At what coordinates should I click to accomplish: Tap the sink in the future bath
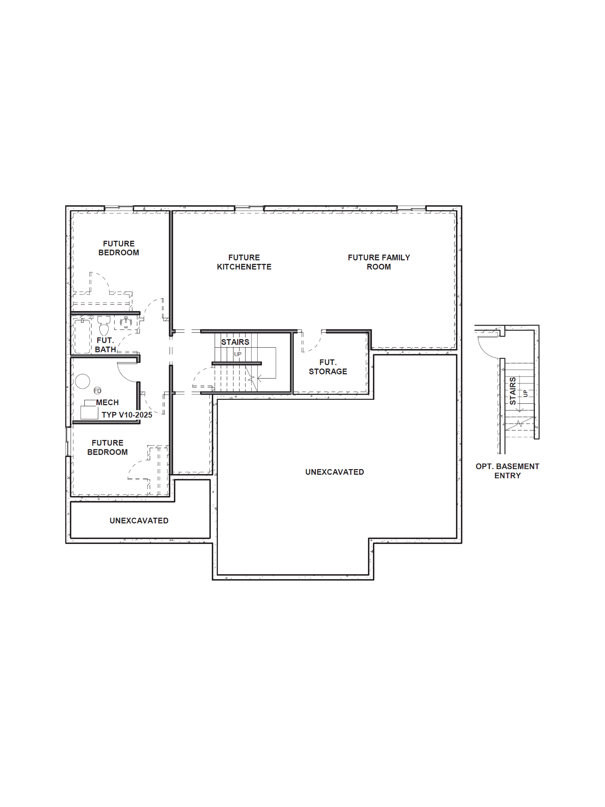pyautogui.click(x=125, y=322)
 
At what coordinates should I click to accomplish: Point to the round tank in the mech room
pyautogui.click(x=82, y=381)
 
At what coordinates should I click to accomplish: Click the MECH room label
pyautogui.click(x=107, y=402)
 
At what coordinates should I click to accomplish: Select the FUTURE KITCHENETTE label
pyautogui.click(x=244, y=262)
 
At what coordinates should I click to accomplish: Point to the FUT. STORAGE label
pyautogui.click(x=328, y=367)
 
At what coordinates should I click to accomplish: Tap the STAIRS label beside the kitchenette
pyautogui.click(x=235, y=342)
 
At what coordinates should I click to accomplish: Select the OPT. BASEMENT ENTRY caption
pyautogui.click(x=507, y=471)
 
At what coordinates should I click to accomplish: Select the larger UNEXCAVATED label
pyautogui.click(x=334, y=472)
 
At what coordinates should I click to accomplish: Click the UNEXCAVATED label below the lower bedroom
pyautogui.click(x=139, y=521)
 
